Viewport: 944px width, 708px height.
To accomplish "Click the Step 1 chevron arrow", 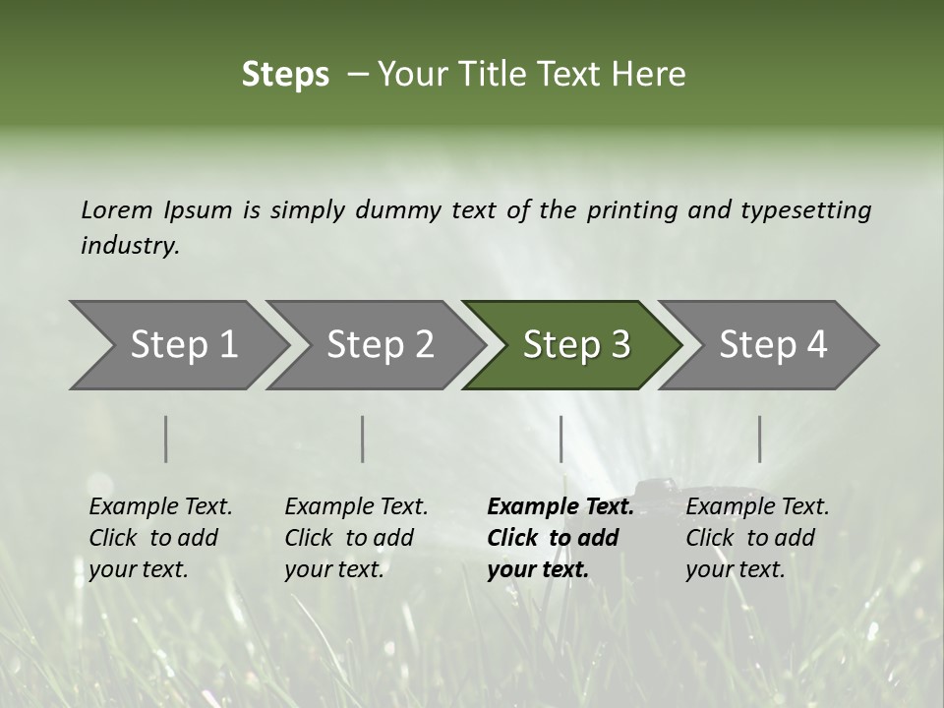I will (x=182, y=345).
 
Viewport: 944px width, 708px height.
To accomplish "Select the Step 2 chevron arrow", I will (x=379, y=345).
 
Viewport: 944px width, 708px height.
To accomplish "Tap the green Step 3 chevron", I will (x=575, y=345).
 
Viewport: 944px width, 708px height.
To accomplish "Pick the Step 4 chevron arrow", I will (x=772, y=345).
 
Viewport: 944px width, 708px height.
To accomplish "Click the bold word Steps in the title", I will (x=285, y=75).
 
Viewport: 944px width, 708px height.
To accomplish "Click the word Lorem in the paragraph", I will (x=117, y=210).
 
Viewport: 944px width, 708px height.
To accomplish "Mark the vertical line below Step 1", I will (x=166, y=439).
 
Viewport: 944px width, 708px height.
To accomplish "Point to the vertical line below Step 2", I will (x=363, y=439).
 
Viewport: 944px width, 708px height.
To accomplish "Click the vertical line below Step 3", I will (x=560, y=439).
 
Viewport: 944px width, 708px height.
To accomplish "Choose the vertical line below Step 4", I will (x=759, y=439).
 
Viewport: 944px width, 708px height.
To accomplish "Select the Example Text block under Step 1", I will (x=160, y=538).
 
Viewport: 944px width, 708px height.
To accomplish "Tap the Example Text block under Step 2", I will (x=356, y=538).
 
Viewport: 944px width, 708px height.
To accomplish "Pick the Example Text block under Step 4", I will (x=757, y=538).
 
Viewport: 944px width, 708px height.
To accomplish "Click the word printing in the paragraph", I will (x=633, y=210).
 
